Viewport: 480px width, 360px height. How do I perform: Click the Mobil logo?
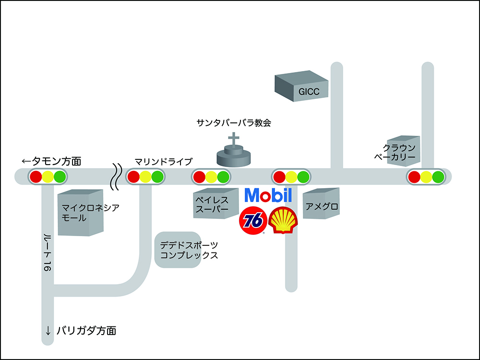[268, 195]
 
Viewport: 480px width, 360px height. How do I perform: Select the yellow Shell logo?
[283, 221]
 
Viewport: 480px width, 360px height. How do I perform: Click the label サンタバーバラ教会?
[234, 123]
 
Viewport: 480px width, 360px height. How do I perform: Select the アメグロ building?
[321, 207]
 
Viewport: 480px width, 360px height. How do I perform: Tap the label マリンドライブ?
[163, 161]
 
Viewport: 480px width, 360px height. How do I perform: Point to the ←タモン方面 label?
[52, 161]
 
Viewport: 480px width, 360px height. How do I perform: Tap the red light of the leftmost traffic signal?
[36, 177]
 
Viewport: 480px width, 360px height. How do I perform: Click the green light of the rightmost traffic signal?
[437, 177]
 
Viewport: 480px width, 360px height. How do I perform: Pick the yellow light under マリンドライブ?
[145, 177]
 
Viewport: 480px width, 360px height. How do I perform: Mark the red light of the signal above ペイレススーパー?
[199, 177]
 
